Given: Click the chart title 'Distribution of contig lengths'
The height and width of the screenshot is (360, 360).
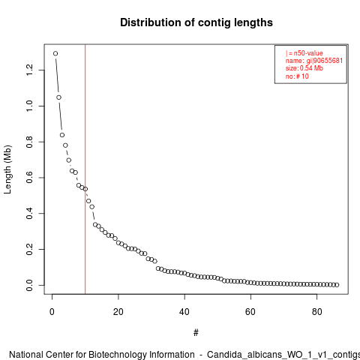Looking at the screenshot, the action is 196,22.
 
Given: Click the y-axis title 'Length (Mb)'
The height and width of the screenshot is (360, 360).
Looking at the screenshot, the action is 7,169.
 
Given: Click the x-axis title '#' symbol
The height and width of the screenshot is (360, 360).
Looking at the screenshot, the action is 196,333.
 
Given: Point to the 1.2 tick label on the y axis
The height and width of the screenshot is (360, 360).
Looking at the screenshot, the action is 29,70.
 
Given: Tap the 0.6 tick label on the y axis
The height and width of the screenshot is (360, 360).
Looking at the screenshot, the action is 29,178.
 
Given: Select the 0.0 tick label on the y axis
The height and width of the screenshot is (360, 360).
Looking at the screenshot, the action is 29,285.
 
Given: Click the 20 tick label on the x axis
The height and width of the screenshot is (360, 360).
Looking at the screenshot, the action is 118,312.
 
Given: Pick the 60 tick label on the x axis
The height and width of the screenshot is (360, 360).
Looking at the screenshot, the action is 250,312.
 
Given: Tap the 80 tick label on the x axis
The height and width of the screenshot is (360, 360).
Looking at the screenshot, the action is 316,312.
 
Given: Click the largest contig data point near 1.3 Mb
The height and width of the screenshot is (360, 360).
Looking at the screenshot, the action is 55,53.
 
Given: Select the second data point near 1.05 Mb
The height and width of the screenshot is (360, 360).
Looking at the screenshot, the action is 58,97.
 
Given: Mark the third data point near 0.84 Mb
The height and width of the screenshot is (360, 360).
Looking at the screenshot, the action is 62,135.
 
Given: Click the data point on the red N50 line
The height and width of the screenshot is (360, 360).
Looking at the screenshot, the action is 85,189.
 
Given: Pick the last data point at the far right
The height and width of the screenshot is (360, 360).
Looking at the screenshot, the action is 337,285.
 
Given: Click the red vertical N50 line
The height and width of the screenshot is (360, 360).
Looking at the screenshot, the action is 85,169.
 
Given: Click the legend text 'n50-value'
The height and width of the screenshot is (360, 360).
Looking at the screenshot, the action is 308,53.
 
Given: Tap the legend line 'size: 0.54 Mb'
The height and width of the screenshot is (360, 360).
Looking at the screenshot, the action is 304,68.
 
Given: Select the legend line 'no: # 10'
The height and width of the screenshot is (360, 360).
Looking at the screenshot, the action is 297,76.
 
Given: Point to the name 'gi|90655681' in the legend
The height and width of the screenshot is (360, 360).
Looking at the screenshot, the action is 325,61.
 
